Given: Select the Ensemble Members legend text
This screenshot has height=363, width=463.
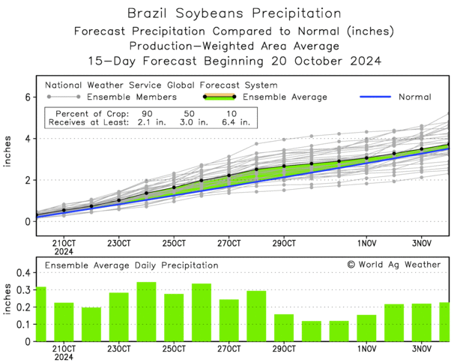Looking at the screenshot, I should [x=132, y=97].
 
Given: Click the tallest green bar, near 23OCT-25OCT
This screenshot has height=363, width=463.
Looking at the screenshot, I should [x=146, y=311].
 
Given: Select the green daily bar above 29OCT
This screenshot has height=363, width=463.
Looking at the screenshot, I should [x=284, y=328].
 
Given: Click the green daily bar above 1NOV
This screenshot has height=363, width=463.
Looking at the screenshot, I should [x=366, y=328].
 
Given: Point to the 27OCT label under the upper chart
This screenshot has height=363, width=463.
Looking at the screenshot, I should [x=229, y=244].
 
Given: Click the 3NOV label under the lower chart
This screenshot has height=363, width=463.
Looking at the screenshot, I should [x=422, y=349].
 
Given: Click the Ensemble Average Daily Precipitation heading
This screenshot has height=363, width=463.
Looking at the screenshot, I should [x=132, y=265].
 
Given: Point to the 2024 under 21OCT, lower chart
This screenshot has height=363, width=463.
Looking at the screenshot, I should [x=64, y=358].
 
